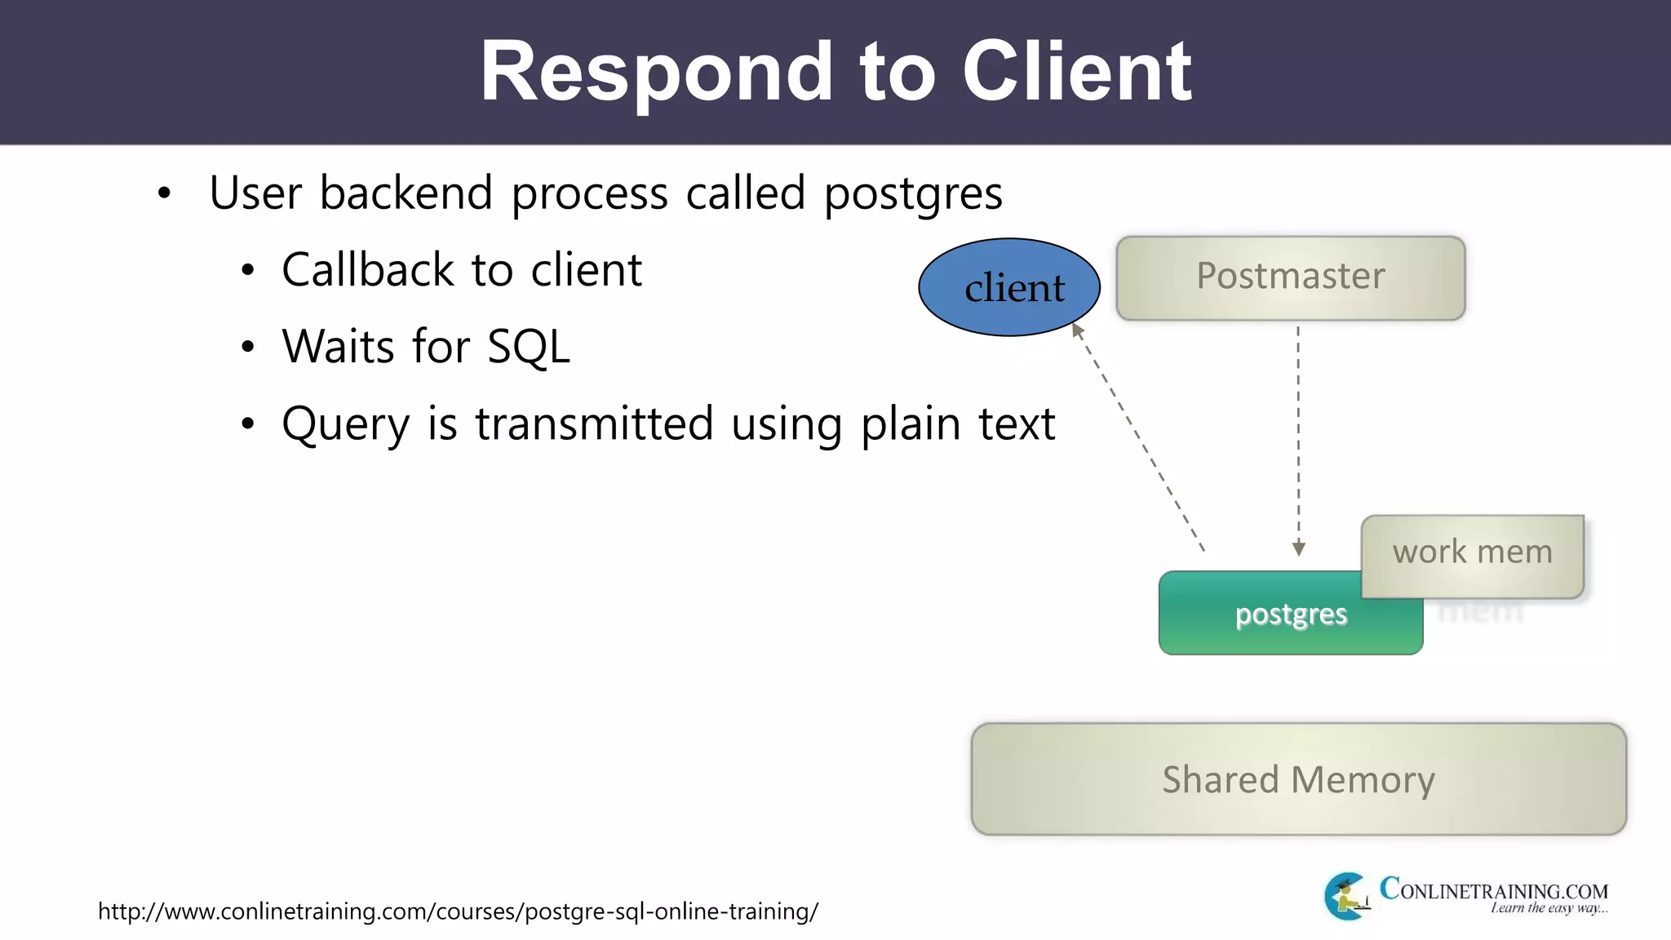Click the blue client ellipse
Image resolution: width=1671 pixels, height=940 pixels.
[1008, 287]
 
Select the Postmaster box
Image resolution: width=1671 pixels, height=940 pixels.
[1290, 277]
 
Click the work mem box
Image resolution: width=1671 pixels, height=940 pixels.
[1472, 554]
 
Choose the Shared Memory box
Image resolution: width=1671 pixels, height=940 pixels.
[1298, 779]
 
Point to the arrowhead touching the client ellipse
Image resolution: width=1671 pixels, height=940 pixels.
[1077, 330]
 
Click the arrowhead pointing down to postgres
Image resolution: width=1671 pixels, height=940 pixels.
[1298, 549]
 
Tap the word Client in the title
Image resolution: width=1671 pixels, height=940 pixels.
[1076, 73]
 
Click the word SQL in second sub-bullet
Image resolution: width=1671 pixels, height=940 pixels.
[528, 347]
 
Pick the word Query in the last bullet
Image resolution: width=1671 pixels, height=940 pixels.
[345, 424]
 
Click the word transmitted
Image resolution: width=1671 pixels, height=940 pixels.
[594, 424]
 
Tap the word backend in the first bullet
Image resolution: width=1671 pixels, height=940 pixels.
[406, 193]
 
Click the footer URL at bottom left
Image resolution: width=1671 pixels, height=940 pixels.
[458, 911]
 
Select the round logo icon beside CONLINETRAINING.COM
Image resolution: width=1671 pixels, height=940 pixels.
[1346, 896]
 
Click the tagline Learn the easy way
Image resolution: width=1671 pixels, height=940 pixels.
[1549, 908]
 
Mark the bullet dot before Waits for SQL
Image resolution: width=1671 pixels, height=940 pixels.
[248, 348]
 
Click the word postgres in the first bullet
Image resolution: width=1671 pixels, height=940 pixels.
[912, 194]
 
